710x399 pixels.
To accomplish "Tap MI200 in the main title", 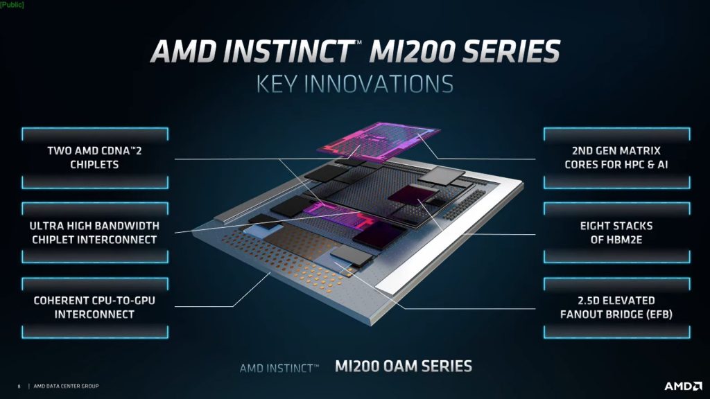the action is coord(412,51).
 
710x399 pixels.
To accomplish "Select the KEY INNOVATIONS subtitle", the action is coord(354,84).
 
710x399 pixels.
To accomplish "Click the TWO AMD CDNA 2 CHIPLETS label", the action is coord(94,157).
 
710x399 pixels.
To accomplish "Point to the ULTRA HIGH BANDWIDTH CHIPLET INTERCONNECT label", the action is coord(94,233).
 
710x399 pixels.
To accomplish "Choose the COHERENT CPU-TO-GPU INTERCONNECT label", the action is coord(94,308).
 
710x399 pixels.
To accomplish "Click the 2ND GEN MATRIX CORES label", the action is coord(616,157).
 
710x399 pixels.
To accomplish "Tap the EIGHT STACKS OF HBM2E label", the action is coord(616,233).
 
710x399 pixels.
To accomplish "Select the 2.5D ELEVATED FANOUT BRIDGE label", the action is coord(616,308).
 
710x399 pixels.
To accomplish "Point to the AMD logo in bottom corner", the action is coord(683,386).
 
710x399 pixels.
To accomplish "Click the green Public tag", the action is coord(12,5).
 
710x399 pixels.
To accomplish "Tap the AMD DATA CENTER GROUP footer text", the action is coord(66,386).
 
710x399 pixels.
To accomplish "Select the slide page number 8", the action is coord(19,387).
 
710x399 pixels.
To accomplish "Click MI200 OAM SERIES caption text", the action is coord(404,366).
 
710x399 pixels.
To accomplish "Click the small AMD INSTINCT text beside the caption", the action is coord(279,369).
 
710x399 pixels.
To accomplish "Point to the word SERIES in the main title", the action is coord(512,51).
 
